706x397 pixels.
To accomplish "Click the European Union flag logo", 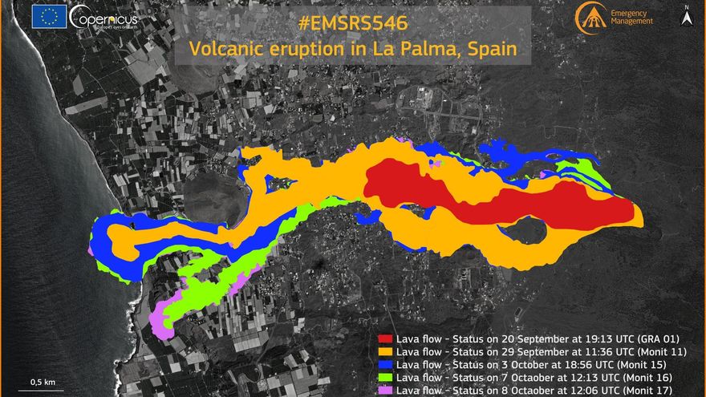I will pyautogui.click(x=50, y=17).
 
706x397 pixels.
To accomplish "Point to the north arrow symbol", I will pyautogui.click(x=687, y=14).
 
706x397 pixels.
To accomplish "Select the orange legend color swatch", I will pyautogui.click(x=386, y=352).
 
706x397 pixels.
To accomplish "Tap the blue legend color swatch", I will pyautogui.click(x=386, y=364).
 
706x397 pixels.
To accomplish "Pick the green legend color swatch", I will pyautogui.click(x=386, y=377).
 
